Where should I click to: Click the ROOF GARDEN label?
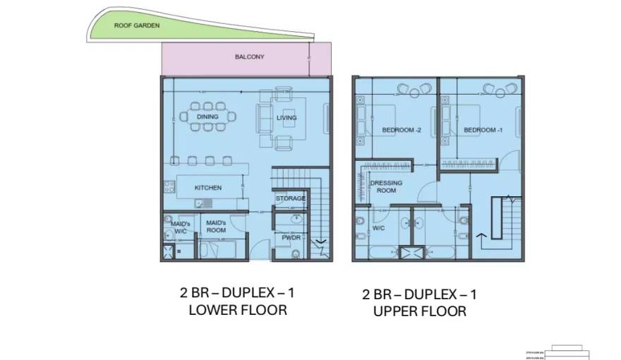pos(137,25)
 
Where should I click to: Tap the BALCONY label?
pos(249,56)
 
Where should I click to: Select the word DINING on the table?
pos(207,117)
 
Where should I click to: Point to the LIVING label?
pos(286,118)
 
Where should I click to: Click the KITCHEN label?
pos(207,188)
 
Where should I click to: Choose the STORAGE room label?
pos(290,198)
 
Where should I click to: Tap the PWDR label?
pos(291,238)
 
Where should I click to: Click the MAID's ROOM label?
pos(215,227)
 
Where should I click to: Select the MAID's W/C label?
pos(180,227)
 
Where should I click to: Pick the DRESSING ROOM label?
pos(386,187)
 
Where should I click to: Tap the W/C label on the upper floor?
pos(378,228)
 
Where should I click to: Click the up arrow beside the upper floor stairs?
pos(483,239)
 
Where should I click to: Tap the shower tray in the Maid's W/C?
pos(169,251)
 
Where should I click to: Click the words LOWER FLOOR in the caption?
pos(238,310)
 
